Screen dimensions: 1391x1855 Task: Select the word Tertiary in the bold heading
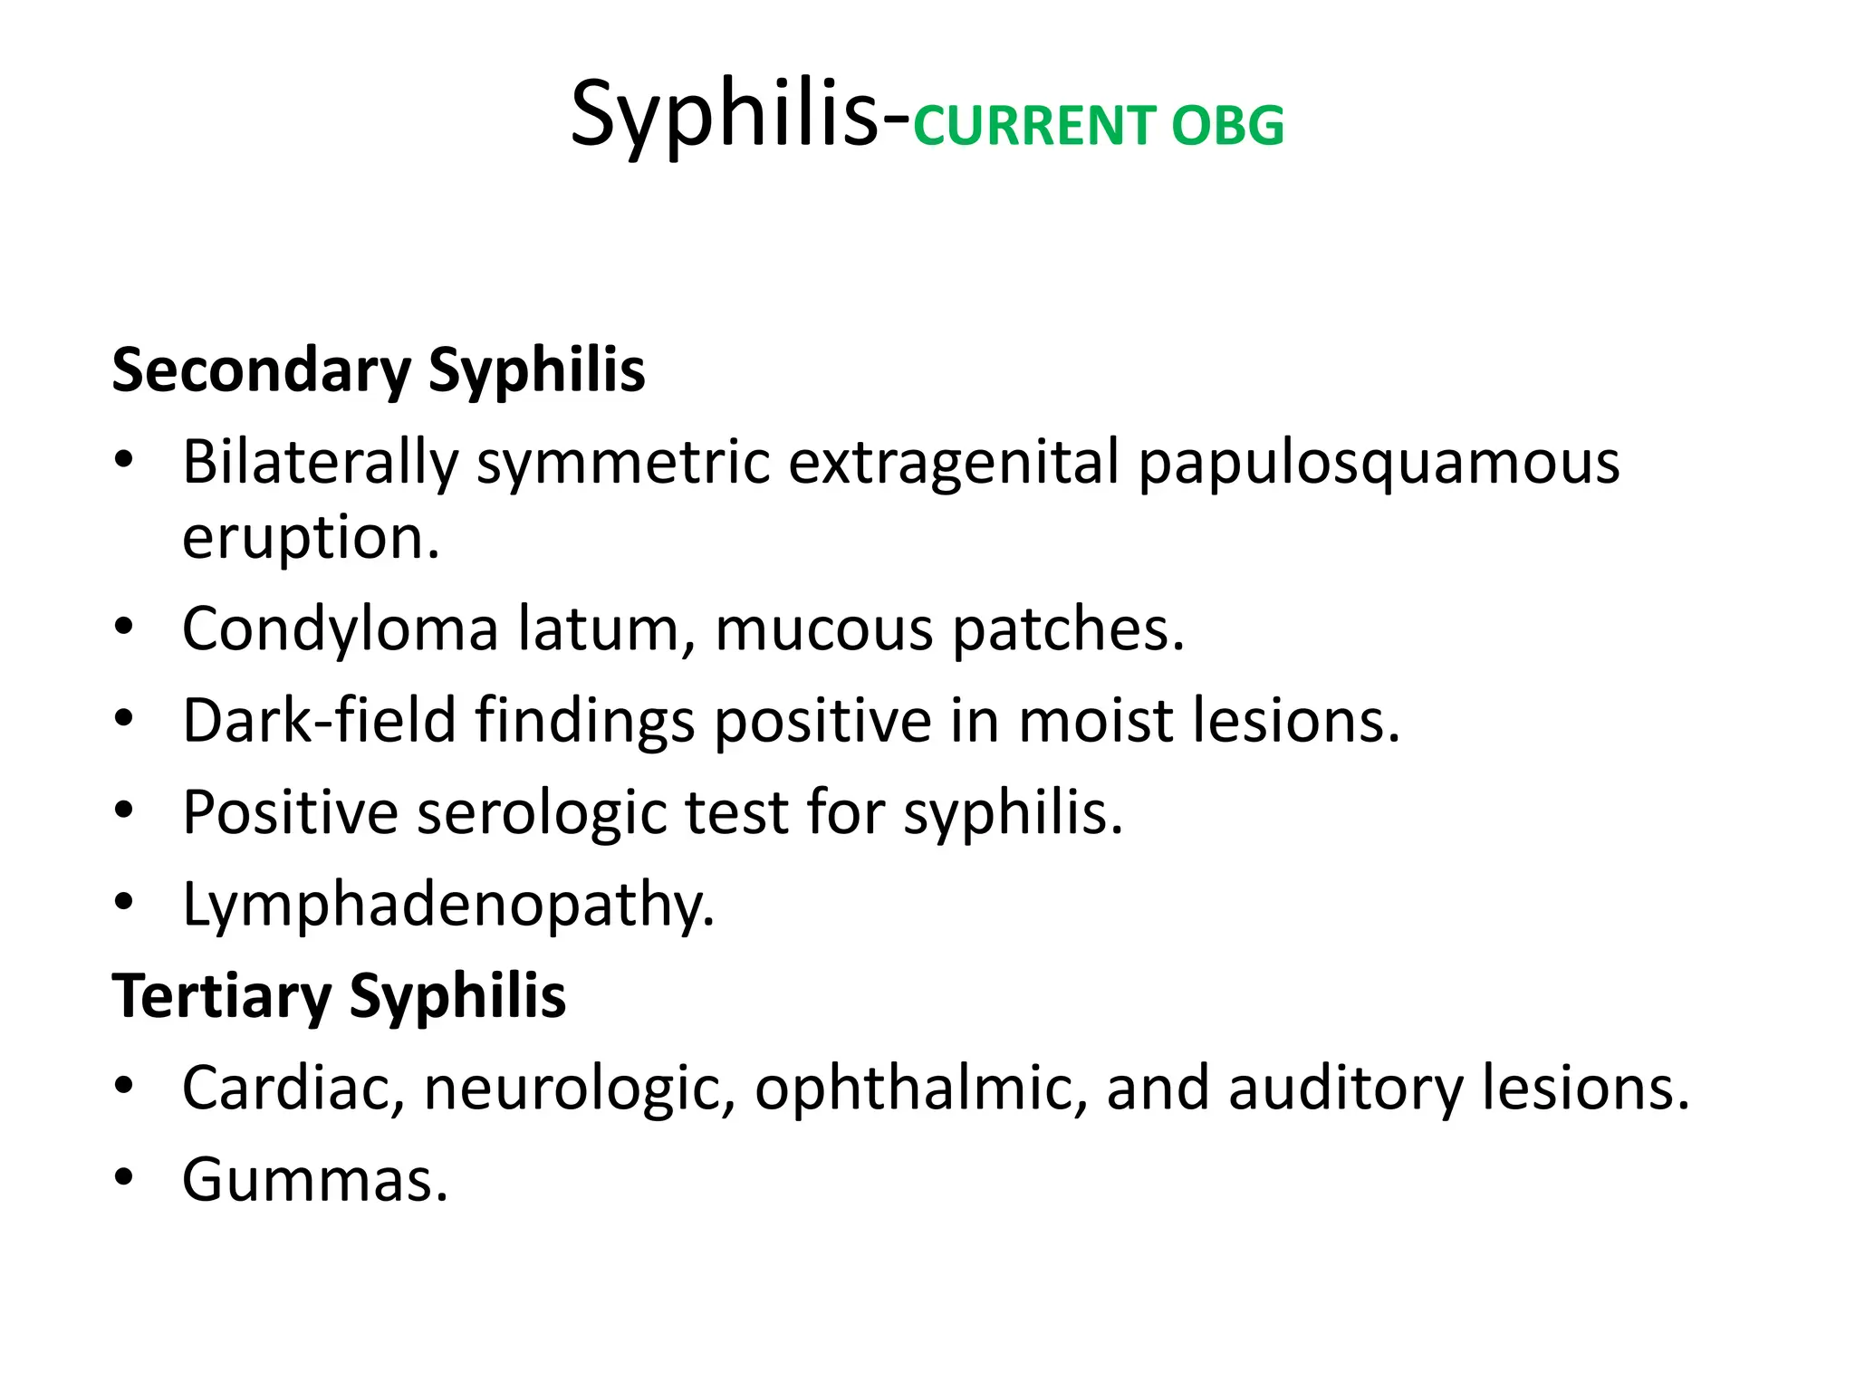tap(221, 996)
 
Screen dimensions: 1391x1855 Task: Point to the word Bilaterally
tap(321, 463)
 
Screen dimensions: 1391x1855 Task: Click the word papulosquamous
tap(1379, 463)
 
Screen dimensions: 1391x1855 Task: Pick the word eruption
tap(311, 538)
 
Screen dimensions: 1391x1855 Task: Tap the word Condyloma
tap(340, 628)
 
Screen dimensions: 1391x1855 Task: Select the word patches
tap(1068, 628)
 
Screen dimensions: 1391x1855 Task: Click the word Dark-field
tap(319, 720)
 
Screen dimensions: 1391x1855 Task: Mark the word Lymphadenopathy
tap(448, 905)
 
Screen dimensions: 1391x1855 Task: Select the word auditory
tap(1345, 1088)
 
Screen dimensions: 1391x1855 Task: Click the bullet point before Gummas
tap(124, 1177)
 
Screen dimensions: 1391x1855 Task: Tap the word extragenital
tap(953, 463)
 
